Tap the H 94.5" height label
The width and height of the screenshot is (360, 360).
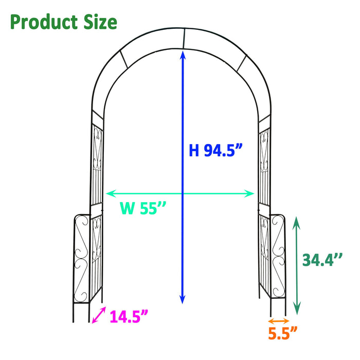[215, 150]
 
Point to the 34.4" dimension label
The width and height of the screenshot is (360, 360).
[322, 260]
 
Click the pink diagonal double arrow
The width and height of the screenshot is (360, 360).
[98, 315]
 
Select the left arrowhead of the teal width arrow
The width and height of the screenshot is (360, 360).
[109, 193]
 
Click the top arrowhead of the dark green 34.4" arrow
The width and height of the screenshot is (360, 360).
[296, 221]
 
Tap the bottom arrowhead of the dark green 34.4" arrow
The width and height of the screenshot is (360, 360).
[296, 310]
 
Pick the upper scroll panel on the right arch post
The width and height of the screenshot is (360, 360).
[264, 152]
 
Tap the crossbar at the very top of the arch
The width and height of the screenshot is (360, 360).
[184, 37]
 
